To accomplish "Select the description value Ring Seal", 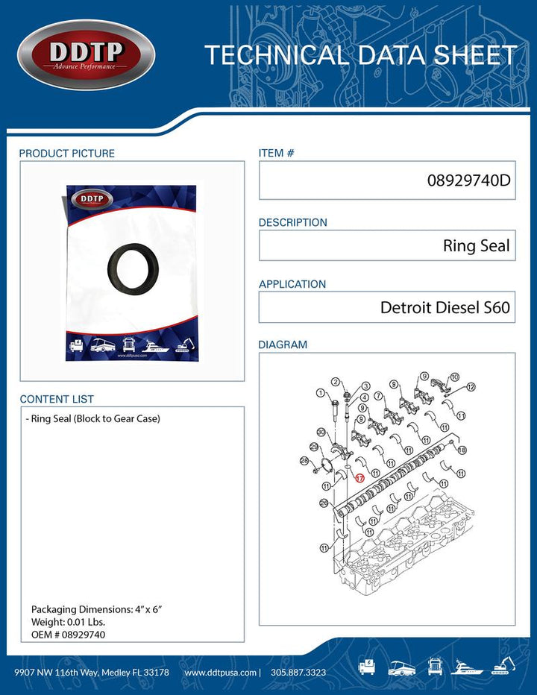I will coord(476,246).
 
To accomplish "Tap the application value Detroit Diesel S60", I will coord(445,307).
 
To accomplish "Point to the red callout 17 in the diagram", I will coord(359,478).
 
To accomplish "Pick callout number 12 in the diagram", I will coord(471,387).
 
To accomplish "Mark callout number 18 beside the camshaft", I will coord(462,450).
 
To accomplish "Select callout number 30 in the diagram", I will coord(321,432).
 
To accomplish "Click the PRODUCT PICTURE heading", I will coord(67,154).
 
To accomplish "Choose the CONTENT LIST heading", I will coord(57,400).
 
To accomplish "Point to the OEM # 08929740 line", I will coord(68,634).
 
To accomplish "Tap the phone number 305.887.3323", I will coord(296,672).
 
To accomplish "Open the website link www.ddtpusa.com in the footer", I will coord(219,672).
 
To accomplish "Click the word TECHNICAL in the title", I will coord(275,55).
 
